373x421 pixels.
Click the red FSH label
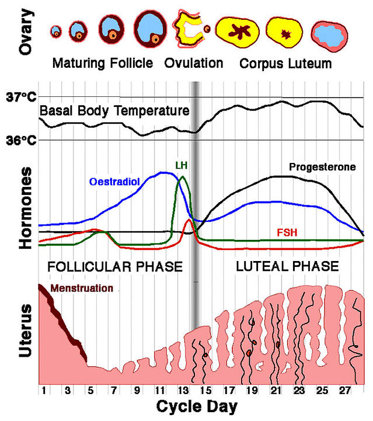[x=287, y=232]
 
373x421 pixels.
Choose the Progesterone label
[x=322, y=167]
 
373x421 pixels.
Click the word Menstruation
[x=82, y=288]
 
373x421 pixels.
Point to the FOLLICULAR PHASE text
[x=115, y=266]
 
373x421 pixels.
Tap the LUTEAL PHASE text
[x=287, y=266]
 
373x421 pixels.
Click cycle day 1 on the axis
[x=43, y=390]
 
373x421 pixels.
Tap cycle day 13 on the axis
[x=183, y=390]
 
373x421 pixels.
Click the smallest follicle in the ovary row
[x=56, y=31]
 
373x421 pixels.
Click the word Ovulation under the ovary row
[x=194, y=62]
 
